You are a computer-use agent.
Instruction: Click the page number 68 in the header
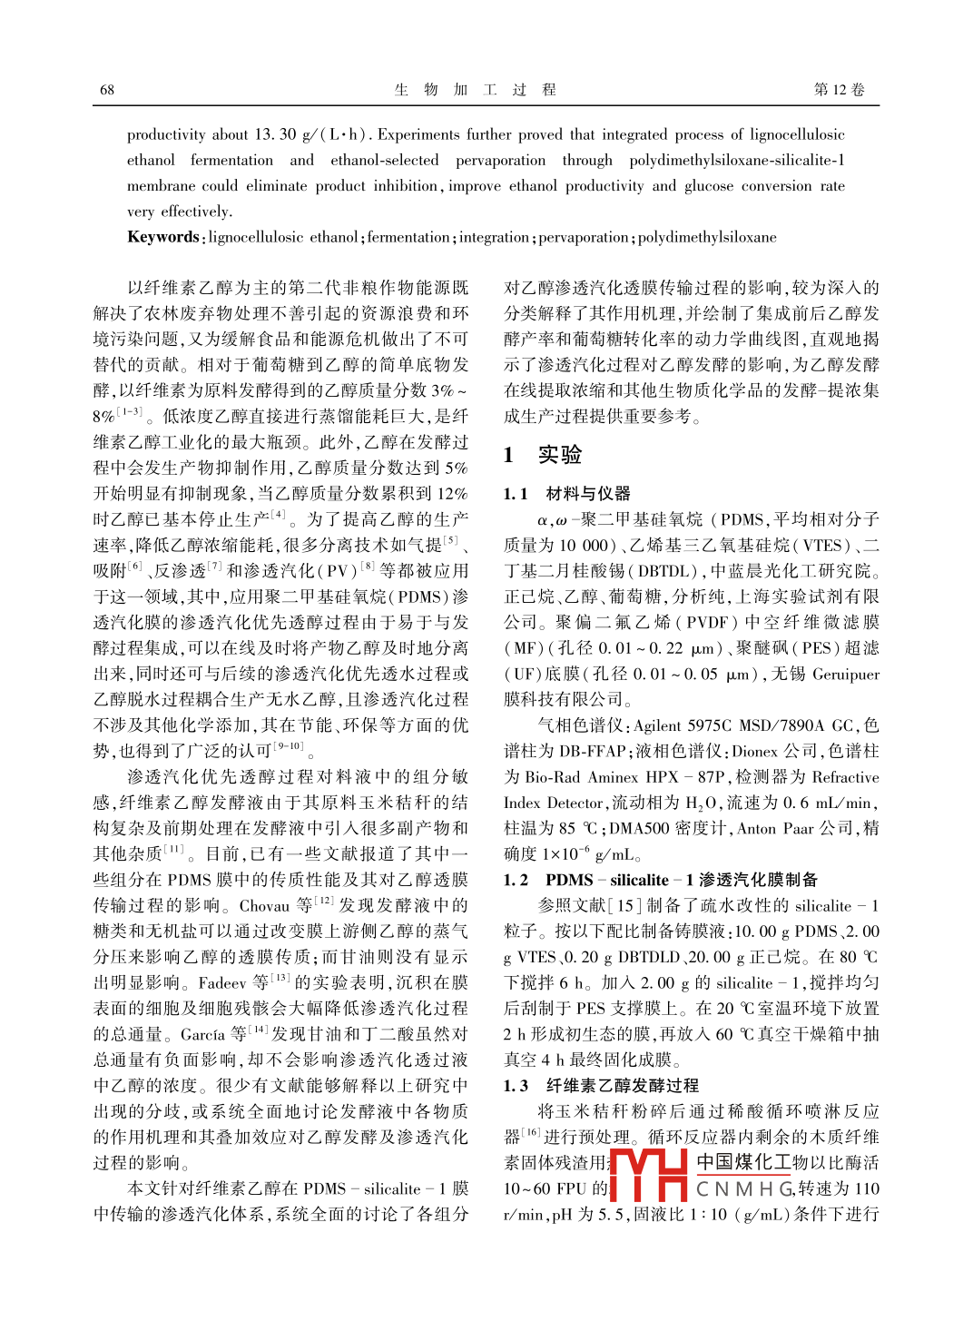107,90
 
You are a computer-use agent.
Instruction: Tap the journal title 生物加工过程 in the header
475,90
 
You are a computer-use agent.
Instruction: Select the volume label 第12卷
839,90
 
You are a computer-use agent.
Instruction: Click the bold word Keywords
162,237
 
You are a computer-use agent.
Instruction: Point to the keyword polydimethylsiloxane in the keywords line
707,237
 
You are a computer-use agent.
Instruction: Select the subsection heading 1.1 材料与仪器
566,493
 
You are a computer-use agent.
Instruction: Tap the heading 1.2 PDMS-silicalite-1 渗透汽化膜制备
660,880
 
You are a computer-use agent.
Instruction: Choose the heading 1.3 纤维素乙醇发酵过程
601,1085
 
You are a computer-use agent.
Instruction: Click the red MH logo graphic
648,1176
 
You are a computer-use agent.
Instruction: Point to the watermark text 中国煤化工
744,1162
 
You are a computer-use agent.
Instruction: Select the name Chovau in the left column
264,905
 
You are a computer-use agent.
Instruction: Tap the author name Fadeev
222,982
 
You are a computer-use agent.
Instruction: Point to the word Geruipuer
846,674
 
